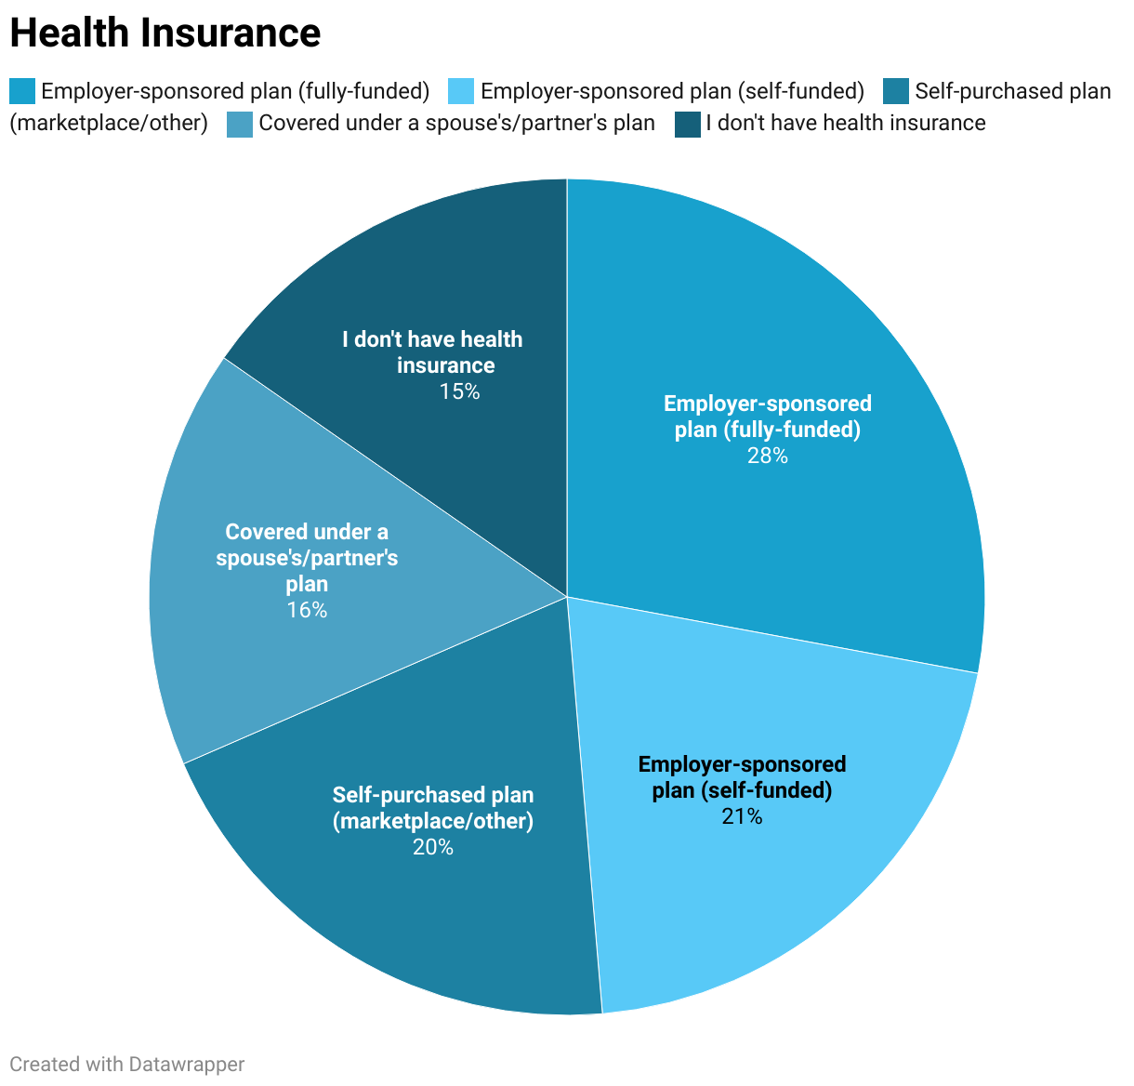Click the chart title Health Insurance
tap(165, 33)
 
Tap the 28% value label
tap(767, 457)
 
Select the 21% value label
tap(742, 817)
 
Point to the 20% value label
tap(433, 847)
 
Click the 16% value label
tap(307, 611)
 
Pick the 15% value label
tap(459, 392)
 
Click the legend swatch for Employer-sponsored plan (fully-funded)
tap(22, 91)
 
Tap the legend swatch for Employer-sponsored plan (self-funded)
tap(462, 91)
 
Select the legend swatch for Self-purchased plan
tap(895, 91)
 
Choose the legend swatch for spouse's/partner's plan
tap(240, 124)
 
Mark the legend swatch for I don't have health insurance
tap(688, 124)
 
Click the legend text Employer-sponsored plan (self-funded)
tap(673, 91)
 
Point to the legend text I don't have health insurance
tap(846, 123)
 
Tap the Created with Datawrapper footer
tap(127, 1065)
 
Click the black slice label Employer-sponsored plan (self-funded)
tap(742, 777)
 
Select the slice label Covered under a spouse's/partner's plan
tap(307, 558)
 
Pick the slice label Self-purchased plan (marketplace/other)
tap(433, 808)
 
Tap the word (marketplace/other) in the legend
tap(109, 123)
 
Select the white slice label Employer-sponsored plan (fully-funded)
tap(767, 417)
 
